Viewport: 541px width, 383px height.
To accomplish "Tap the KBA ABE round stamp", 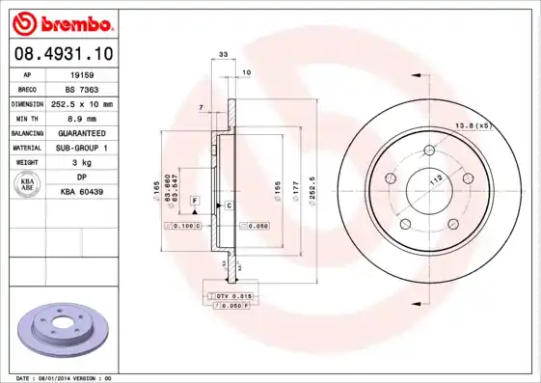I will click(30, 185).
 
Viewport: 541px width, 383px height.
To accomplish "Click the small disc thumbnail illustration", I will click(62, 328).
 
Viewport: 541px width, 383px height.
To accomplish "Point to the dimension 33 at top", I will click(224, 57).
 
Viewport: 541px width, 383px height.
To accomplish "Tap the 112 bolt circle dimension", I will click(435, 178).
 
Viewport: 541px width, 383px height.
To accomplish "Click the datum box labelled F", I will click(194, 201).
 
